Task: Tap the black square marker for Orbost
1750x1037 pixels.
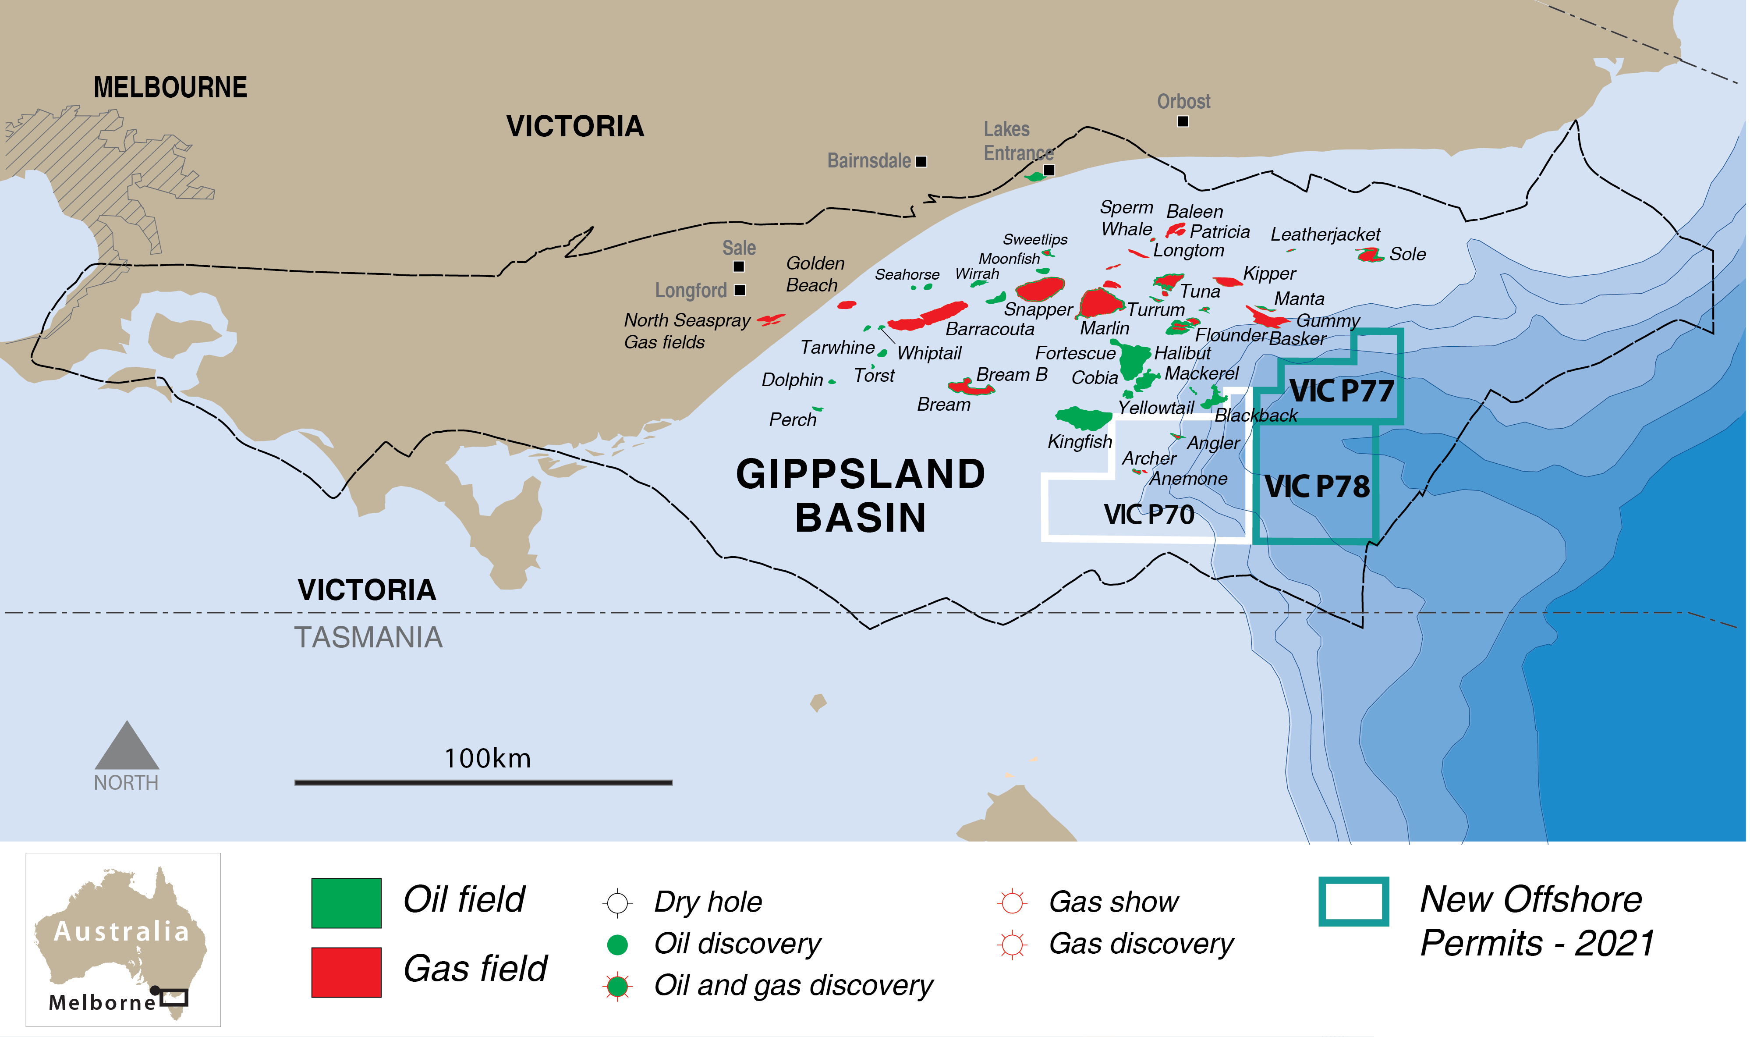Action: pos(1183,121)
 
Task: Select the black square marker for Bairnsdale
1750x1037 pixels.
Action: pos(921,161)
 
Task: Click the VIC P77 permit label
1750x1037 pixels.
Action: pos(1341,391)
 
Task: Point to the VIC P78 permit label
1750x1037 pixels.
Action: pos(1317,487)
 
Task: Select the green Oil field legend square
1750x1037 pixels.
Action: pos(346,903)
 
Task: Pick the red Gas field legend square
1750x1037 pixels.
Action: pos(346,972)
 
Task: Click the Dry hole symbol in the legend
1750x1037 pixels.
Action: pos(617,903)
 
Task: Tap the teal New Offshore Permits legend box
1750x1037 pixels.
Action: pos(1353,902)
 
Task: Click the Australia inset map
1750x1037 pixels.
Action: pos(123,939)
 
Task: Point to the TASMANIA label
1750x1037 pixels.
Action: pos(368,637)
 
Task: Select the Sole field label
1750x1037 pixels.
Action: pos(1407,254)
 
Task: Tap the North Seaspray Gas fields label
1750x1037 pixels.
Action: pos(686,330)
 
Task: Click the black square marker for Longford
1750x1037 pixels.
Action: pos(740,290)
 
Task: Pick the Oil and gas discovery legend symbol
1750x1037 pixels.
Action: pos(617,986)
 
